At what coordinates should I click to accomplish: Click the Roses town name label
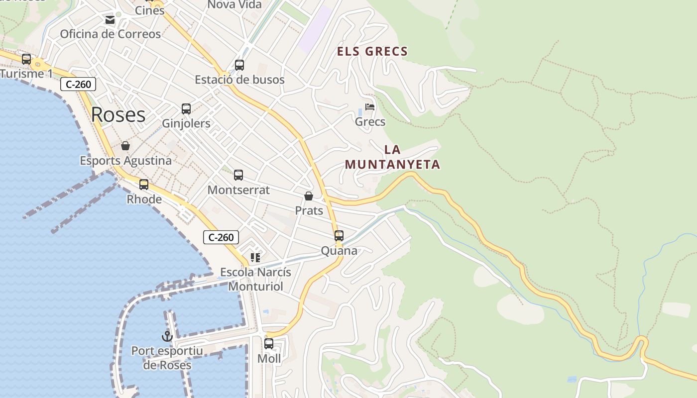(118, 115)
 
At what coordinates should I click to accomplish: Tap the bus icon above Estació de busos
(239, 65)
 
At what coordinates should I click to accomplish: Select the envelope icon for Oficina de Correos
(110, 20)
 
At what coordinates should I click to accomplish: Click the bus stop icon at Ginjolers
(186, 109)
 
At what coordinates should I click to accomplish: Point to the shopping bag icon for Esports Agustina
(125, 146)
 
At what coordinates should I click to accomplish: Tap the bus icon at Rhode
(144, 185)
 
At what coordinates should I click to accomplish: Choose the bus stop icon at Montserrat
(238, 175)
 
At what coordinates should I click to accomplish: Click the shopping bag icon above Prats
(309, 196)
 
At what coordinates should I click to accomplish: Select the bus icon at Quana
(339, 236)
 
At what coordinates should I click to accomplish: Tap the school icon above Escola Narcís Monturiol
(255, 258)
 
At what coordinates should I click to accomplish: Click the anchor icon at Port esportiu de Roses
(167, 336)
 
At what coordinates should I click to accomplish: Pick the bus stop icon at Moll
(269, 344)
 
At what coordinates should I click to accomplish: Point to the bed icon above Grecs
(370, 107)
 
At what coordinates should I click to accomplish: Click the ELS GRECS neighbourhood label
(372, 51)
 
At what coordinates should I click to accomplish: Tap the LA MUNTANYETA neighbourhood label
(392, 157)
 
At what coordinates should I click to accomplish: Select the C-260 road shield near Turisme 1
(78, 84)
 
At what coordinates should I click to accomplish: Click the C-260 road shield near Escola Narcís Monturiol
(221, 237)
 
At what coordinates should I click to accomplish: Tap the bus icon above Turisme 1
(26, 59)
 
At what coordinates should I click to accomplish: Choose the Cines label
(150, 10)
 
